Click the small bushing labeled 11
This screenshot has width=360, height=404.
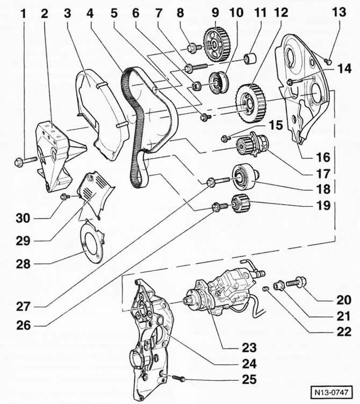pos(249,57)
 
